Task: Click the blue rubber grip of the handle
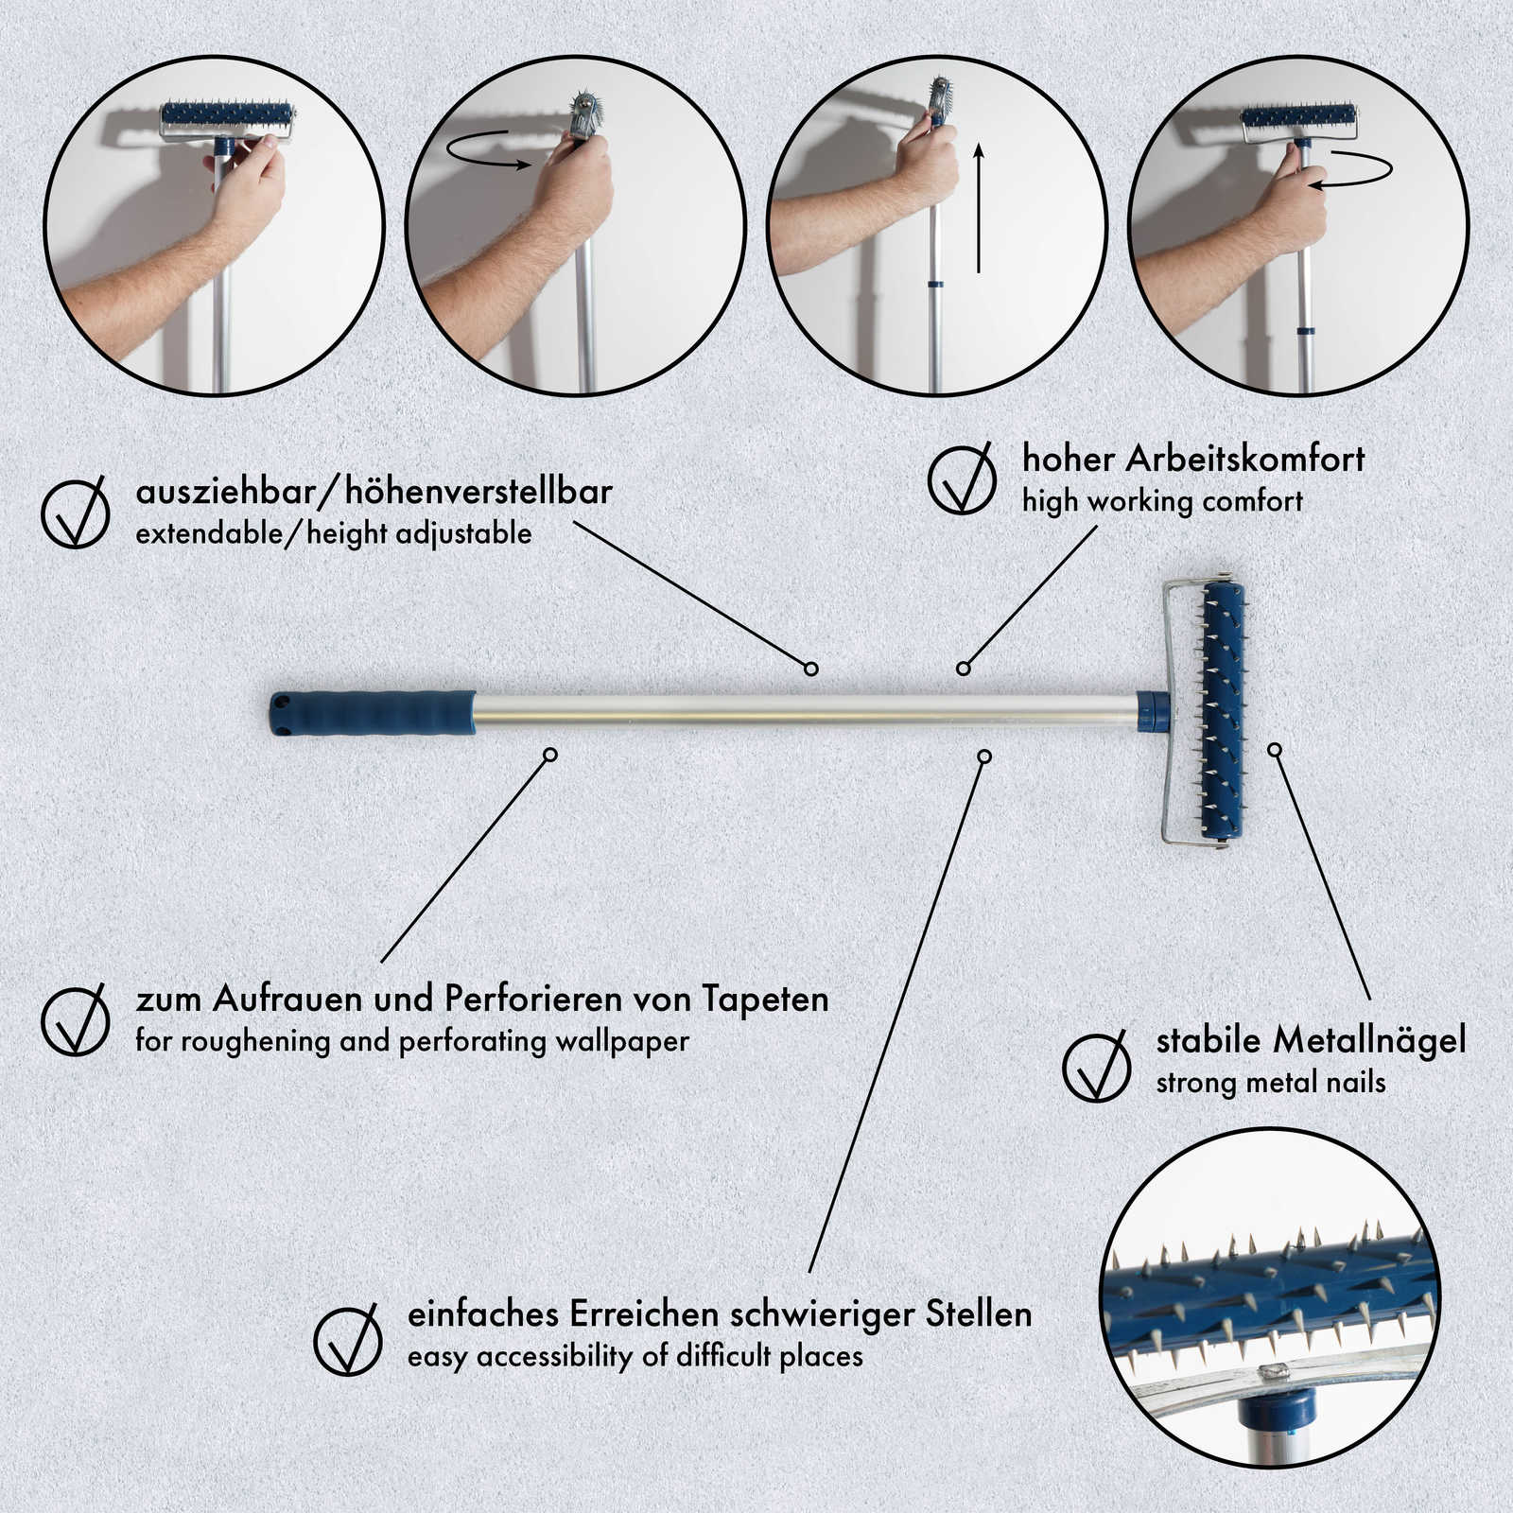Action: tap(373, 713)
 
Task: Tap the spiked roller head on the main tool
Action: tap(1222, 710)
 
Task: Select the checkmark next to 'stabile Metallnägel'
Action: tap(1097, 1066)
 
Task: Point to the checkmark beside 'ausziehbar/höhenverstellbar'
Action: tap(76, 512)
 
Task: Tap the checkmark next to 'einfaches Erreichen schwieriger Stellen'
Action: tap(348, 1339)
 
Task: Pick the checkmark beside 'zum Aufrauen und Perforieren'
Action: tap(76, 1018)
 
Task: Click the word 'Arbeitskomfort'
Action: tap(1245, 459)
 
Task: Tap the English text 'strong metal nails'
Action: tap(1271, 1082)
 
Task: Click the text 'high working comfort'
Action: tap(1162, 501)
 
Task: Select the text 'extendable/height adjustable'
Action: tap(334, 533)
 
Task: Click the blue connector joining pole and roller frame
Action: tap(1153, 711)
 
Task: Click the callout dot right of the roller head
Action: tap(1275, 750)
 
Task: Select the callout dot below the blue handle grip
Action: tap(550, 755)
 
